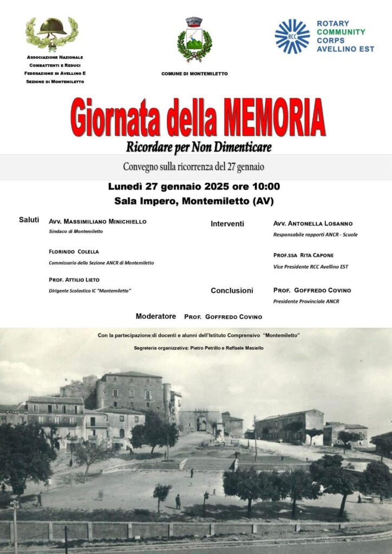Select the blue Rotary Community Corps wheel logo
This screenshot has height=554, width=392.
(292, 36)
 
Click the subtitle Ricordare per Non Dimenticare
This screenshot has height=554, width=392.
(198, 146)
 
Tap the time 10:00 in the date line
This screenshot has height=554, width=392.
(265, 187)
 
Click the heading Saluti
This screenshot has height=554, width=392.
(29, 220)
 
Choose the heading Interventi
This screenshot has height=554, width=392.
(227, 223)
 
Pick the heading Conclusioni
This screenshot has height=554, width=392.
(232, 291)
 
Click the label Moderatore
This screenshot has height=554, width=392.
(155, 316)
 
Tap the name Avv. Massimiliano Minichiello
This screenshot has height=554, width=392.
(97, 221)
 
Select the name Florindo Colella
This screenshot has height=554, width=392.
(74, 252)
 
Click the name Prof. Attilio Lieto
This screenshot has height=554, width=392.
(74, 280)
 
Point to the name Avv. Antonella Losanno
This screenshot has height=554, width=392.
(312, 223)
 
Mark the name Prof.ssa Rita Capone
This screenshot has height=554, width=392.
(303, 255)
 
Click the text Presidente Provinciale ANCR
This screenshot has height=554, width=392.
(306, 301)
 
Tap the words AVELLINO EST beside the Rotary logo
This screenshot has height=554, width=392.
(344, 49)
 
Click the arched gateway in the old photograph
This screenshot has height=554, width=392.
(202, 424)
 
